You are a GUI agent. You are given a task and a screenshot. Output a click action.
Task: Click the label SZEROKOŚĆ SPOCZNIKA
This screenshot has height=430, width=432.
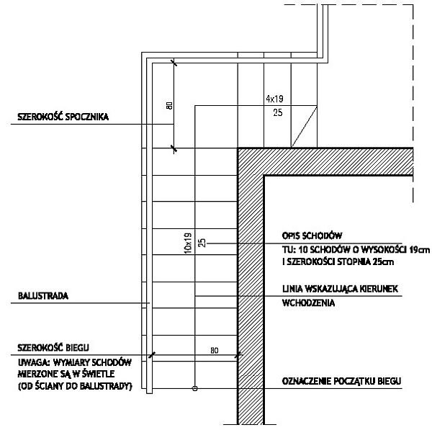(63, 117)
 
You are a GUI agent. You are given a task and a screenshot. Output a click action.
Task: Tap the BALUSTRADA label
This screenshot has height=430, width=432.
(43, 296)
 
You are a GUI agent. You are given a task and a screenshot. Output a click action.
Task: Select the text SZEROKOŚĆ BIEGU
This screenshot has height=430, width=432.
(53, 348)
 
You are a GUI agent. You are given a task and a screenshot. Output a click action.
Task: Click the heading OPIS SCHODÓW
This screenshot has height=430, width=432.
(312, 236)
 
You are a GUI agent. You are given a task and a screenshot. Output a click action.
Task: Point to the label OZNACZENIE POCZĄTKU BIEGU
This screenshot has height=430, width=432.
(341, 382)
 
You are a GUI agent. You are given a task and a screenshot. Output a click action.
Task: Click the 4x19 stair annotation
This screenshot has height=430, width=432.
(274, 99)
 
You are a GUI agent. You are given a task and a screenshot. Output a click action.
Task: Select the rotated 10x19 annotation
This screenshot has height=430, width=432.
(188, 243)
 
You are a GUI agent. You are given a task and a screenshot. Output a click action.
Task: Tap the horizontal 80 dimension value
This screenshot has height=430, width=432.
(215, 350)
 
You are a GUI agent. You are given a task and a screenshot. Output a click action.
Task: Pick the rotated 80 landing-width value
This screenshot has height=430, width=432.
(169, 106)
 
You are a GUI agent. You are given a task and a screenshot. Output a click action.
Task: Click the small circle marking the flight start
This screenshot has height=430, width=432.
(194, 389)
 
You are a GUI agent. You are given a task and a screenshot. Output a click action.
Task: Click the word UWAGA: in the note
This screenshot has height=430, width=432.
(34, 362)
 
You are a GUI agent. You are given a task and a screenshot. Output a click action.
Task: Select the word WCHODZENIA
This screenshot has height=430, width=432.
(308, 303)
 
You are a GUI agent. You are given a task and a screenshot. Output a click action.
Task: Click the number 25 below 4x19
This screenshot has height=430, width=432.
(278, 112)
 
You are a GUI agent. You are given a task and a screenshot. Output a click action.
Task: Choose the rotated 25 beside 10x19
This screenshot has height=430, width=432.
(202, 243)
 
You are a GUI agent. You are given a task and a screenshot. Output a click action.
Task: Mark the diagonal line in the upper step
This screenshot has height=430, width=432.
(304, 126)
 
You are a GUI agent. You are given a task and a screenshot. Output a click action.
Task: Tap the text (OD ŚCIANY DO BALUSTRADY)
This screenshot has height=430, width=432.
(75, 386)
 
